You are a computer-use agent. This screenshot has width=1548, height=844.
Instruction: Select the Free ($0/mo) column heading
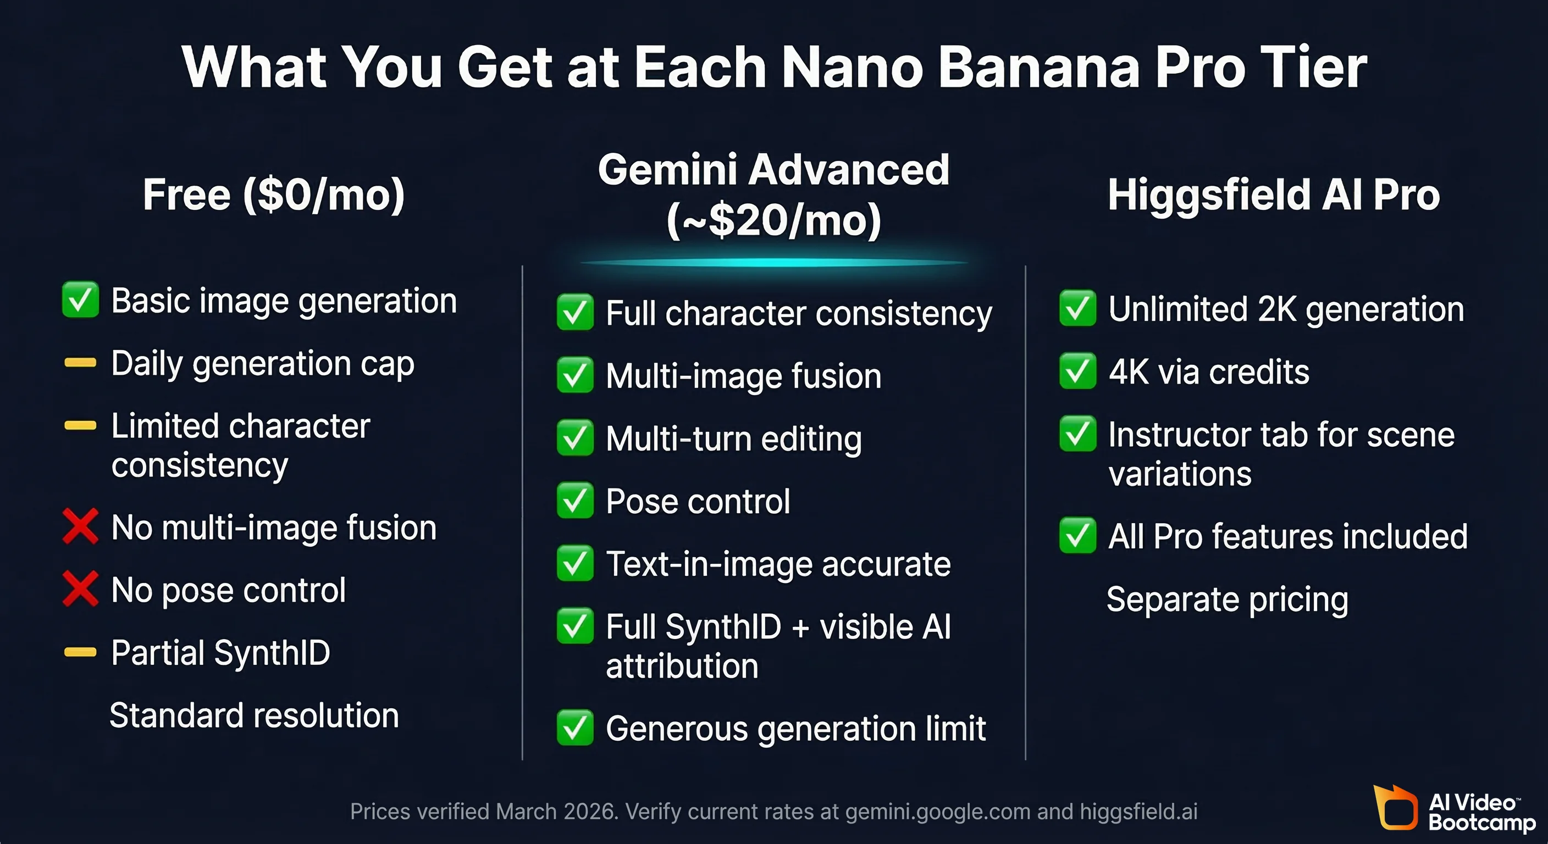pyautogui.click(x=273, y=195)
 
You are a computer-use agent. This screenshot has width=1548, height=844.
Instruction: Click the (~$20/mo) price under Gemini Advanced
pyautogui.click(x=773, y=220)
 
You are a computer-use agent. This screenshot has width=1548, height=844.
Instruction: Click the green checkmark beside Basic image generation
pyautogui.click(x=80, y=300)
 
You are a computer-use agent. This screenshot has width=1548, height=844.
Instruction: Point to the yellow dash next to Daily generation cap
pyautogui.click(x=80, y=363)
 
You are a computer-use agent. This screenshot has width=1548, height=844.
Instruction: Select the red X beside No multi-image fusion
pyautogui.click(x=80, y=527)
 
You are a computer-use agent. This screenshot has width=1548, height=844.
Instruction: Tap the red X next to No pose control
pyautogui.click(x=80, y=589)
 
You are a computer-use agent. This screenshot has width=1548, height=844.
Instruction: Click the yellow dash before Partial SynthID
pyautogui.click(x=80, y=652)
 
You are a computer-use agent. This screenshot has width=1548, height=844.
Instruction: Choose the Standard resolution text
pyautogui.click(x=254, y=715)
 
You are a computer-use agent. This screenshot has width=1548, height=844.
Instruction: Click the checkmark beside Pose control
pyautogui.click(x=574, y=501)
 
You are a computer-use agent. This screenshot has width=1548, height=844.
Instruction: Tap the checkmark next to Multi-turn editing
pyautogui.click(x=574, y=437)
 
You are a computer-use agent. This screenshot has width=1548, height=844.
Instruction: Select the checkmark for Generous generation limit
pyautogui.click(x=574, y=728)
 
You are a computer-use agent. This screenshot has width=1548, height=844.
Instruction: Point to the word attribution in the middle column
pyautogui.click(x=682, y=666)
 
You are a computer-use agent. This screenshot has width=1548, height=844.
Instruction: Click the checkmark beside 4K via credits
pyautogui.click(x=1077, y=371)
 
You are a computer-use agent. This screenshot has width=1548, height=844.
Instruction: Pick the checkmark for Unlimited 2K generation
pyautogui.click(x=1077, y=308)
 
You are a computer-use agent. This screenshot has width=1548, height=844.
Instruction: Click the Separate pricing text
pyautogui.click(x=1227, y=599)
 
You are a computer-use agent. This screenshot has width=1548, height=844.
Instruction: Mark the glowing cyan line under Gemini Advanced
pyautogui.click(x=773, y=263)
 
